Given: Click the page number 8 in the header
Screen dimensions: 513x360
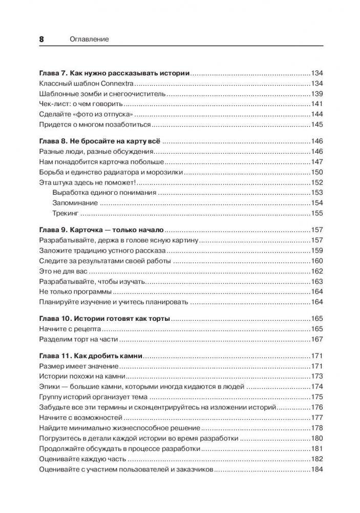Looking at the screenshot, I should coord(42,39).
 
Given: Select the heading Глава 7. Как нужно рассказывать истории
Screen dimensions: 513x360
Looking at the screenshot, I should coord(114,73).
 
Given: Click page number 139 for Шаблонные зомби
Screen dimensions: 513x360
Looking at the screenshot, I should coord(316,94).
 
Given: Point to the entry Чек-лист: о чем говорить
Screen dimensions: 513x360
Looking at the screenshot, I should coord(75,104).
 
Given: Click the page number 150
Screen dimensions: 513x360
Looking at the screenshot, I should coord(316,172).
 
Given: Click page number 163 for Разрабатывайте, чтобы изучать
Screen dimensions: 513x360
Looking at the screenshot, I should coord(316,281).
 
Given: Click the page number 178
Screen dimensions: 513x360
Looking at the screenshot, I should coord(316,428).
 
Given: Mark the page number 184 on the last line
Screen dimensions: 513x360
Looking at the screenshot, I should coord(316,469).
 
